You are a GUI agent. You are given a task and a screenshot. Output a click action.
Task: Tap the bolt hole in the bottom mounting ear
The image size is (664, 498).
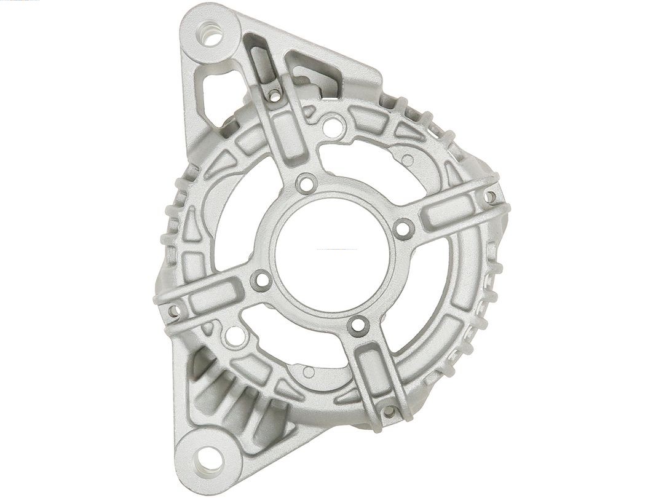(x=209, y=457)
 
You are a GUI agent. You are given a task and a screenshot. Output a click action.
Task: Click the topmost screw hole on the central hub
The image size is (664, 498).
(x=306, y=183)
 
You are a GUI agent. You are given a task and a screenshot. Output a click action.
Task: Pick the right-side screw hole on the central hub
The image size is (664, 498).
(x=403, y=229)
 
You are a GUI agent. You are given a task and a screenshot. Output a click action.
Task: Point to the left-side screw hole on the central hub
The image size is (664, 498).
(x=261, y=280)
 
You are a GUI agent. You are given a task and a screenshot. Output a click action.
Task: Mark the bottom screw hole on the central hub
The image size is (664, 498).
(x=357, y=326)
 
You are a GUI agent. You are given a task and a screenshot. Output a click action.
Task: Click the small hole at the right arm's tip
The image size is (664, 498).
(x=490, y=197)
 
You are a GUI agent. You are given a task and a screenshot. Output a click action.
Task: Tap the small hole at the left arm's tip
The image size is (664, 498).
(x=173, y=311)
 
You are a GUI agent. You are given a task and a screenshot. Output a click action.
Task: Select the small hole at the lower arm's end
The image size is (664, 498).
(x=389, y=411)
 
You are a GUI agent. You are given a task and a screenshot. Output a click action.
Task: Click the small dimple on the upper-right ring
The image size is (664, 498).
(x=408, y=160)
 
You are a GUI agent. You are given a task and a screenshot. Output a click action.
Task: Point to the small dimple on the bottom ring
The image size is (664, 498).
(x=309, y=372)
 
